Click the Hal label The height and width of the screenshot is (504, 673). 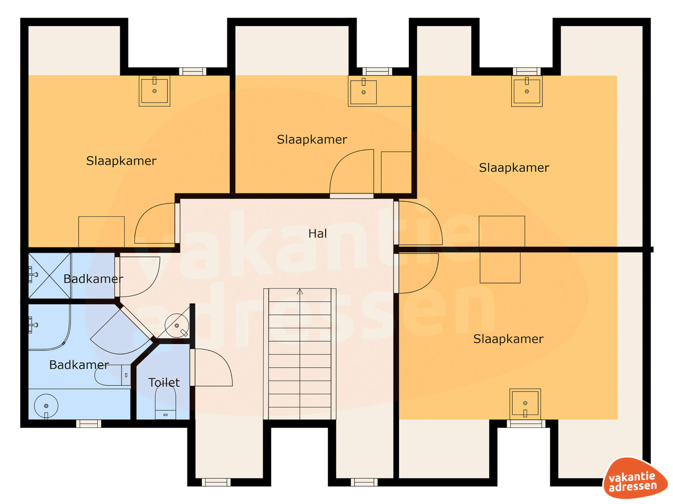[x=318, y=233]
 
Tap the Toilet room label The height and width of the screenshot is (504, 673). [x=164, y=383]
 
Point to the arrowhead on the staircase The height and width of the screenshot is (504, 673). [x=300, y=292]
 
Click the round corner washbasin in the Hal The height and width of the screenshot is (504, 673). [x=177, y=325]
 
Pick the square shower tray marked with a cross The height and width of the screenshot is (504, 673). [x=50, y=275]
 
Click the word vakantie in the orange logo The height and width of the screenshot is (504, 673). [x=632, y=477]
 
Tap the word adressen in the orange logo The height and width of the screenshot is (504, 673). [x=633, y=486]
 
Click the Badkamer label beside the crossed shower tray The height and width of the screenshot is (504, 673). [x=93, y=279]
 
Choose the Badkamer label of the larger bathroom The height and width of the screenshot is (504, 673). [x=79, y=365]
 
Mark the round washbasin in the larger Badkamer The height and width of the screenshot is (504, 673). [x=46, y=406]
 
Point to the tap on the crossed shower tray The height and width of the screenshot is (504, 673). [x=33, y=274]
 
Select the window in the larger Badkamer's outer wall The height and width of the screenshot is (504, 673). [x=89, y=423]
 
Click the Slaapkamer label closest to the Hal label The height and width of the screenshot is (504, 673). [x=312, y=139]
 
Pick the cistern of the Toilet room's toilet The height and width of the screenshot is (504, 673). [x=165, y=414]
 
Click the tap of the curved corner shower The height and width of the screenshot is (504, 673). [x=33, y=325]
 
